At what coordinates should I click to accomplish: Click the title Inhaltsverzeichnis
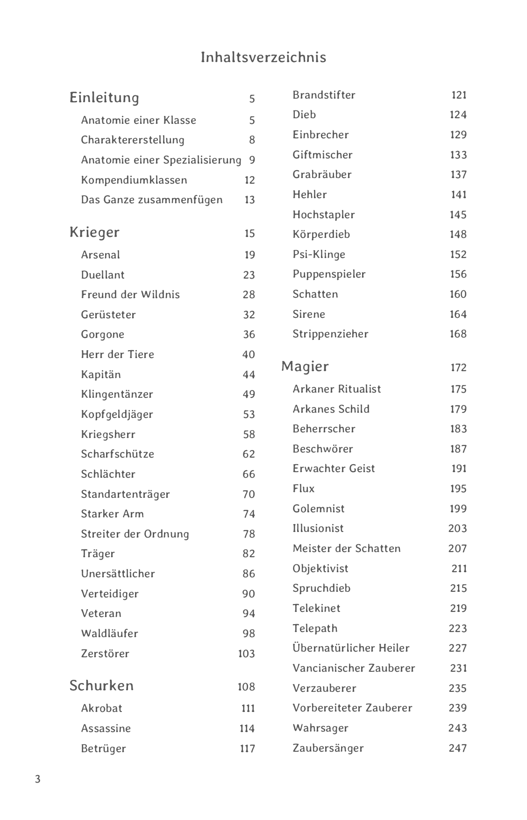pyautogui.click(x=263, y=57)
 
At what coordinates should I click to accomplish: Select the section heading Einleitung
pyautogui.click(x=104, y=98)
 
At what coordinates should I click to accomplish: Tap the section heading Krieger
pyautogui.click(x=94, y=232)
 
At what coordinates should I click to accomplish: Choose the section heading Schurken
pyautogui.click(x=101, y=685)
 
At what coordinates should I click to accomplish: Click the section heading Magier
pyautogui.click(x=305, y=366)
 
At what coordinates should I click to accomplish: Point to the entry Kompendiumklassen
pyautogui.click(x=134, y=180)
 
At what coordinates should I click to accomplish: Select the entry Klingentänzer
pyautogui.click(x=117, y=394)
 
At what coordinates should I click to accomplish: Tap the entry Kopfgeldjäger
pyautogui.click(x=117, y=414)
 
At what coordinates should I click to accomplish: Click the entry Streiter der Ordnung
pyautogui.click(x=135, y=534)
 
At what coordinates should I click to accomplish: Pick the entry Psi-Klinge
pyautogui.click(x=319, y=254)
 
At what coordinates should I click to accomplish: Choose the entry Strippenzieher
pyautogui.click(x=330, y=334)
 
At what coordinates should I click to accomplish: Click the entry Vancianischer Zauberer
pyautogui.click(x=354, y=668)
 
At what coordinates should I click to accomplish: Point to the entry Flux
pyautogui.click(x=304, y=489)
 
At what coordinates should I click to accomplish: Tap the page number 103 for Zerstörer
pyautogui.click(x=246, y=654)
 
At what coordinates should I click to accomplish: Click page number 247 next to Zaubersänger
pyautogui.click(x=457, y=748)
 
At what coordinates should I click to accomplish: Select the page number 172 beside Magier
pyautogui.click(x=458, y=367)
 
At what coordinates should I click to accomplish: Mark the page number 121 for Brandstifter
pyautogui.click(x=459, y=95)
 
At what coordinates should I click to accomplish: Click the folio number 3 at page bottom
pyautogui.click(x=38, y=779)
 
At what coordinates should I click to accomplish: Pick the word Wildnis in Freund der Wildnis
pyautogui.click(x=160, y=295)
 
